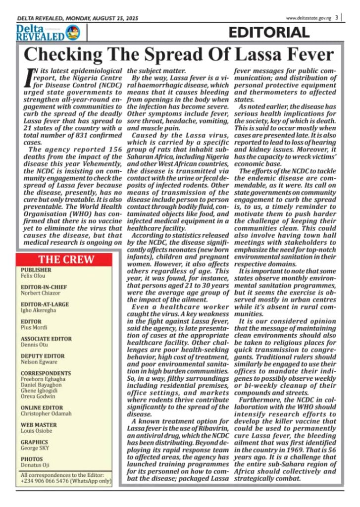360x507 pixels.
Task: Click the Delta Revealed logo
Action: pos(48,33)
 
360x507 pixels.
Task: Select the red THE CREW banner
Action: pos(67,260)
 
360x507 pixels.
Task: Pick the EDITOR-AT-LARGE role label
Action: pos(45,304)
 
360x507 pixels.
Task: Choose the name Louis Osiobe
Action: pos(36,431)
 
